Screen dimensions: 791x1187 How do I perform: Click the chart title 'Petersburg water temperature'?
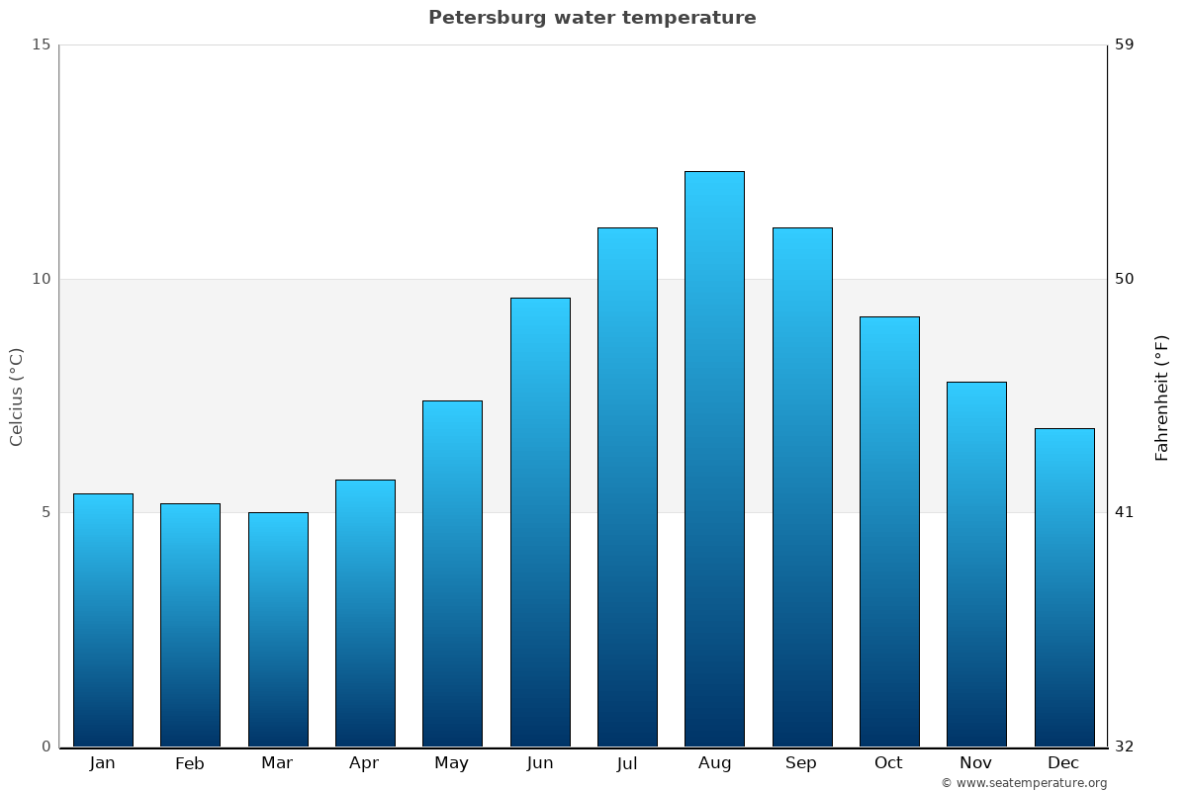[592, 18]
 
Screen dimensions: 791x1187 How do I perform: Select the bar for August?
[714, 459]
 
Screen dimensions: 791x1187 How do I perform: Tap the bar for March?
[278, 629]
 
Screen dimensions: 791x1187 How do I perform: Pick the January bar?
[103, 620]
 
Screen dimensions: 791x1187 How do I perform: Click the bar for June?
[540, 522]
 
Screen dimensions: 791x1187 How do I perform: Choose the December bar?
[1064, 587]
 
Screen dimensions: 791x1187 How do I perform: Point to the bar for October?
[889, 531]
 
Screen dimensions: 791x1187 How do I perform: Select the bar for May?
[452, 573]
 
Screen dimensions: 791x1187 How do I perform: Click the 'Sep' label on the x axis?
[801, 763]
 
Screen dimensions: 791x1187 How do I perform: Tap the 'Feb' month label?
[190, 763]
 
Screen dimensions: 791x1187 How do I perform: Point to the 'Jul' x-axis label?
[627, 763]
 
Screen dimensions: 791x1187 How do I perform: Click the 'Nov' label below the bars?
[976, 763]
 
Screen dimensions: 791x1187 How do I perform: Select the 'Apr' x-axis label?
[364, 763]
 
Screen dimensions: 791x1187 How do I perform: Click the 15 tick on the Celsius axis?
[41, 44]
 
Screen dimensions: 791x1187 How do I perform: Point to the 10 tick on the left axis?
[41, 279]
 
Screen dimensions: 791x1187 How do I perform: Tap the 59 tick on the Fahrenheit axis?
[1125, 44]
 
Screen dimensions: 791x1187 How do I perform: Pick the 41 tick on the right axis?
[1125, 512]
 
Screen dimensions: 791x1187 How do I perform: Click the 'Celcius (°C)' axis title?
[16, 396]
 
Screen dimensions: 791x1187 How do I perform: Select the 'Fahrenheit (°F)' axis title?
[1162, 397]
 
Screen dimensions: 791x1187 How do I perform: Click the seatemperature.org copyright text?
[1024, 783]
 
